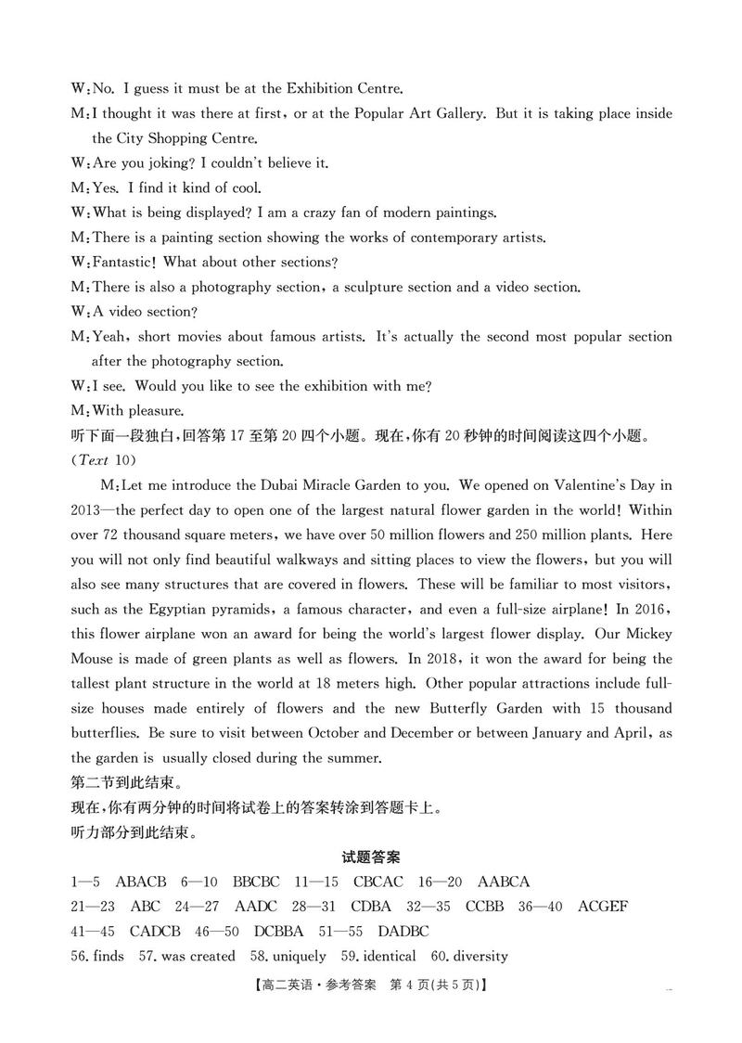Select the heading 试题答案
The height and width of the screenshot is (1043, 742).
pyautogui.click(x=370, y=857)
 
